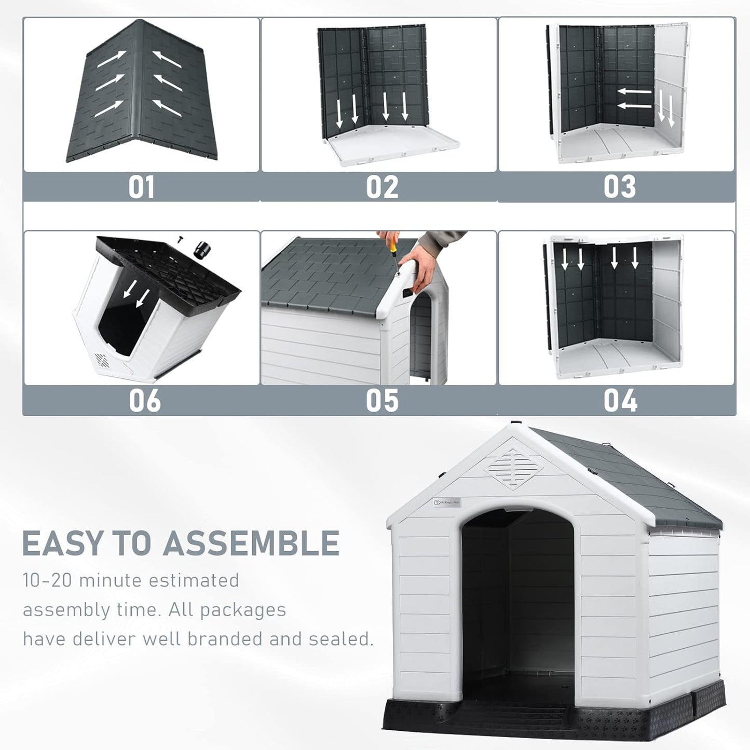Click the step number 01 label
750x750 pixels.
pyautogui.click(x=141, y=187)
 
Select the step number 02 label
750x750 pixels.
pyautogui.click(x=382, y=187)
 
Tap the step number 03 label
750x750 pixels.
pyautogui.click(x=619, y=187)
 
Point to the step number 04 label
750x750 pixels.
pyautogui.click(x=620, y=401)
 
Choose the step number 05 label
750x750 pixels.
pyautogui.click(x=382, y=401)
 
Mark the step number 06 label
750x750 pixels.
pyautogui.click(x=144, y=401)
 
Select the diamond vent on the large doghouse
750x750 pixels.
pyautogui.click(x=514, y=469)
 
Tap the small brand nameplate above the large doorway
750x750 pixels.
pyautogui.click(x=447, y=502)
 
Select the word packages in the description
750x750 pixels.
pyautogui.click(x=242, y=610)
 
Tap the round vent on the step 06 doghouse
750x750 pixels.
pyautogui.click(x=102, y=361)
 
